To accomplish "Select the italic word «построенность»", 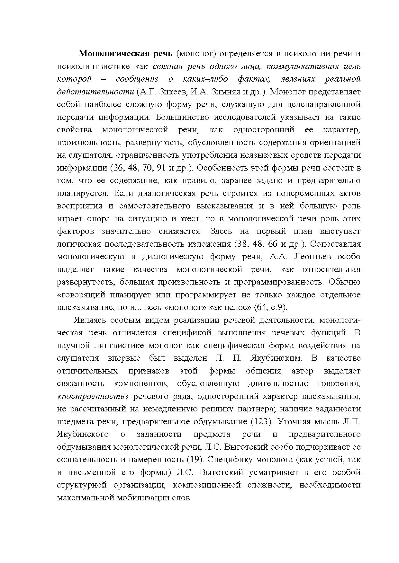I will point(93,396).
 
